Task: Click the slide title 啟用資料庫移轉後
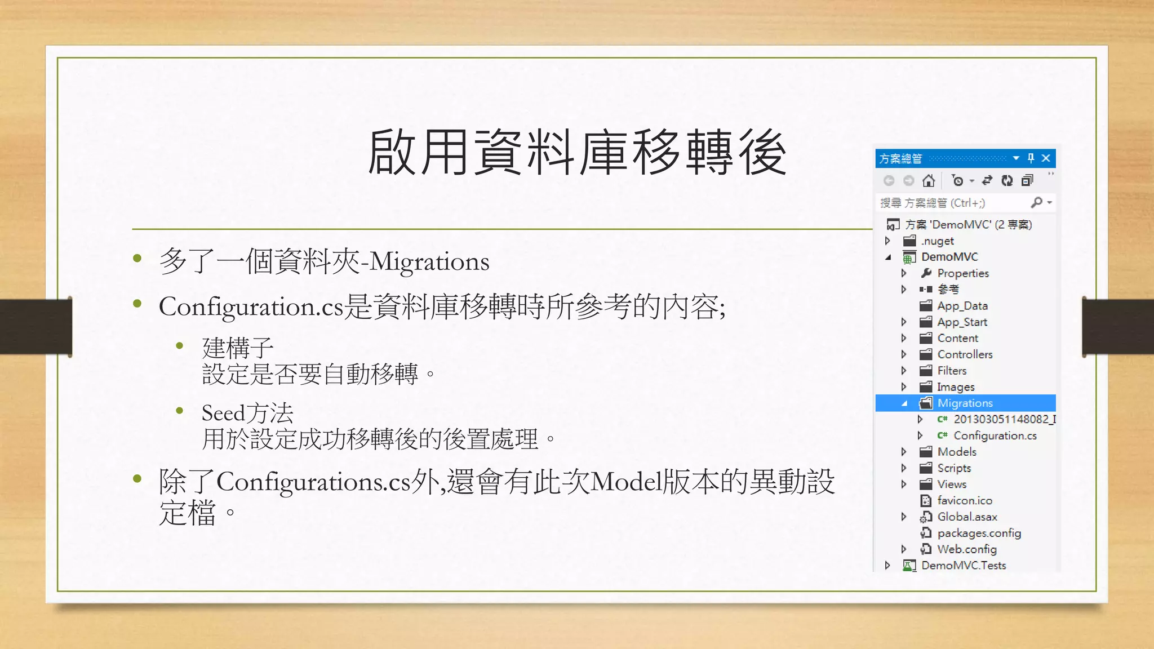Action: [x=577, y=152]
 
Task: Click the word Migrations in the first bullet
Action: [x=429, y=262]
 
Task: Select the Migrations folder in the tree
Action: [x=965, y=403]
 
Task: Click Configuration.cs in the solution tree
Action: [x=995, y=435]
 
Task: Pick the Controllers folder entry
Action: [x=965, y=354]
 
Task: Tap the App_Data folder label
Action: [x=962, y=306]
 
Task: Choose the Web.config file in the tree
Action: [x=966, y=549]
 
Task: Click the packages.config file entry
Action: [x=979, y=533]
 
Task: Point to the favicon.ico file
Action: [x=964, y=500]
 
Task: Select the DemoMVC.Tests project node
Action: [x=964, y=565]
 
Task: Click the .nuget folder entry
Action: [x=938, y=241]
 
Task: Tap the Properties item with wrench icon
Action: [x=962, y=273]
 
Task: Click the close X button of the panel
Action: [x=1046, y=158]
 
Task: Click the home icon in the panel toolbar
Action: [x=929, y=181]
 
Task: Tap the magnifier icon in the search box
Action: [x=1036, y=202]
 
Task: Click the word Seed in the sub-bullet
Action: [x=223, y=413]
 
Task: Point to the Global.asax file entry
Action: [x=967, y=517]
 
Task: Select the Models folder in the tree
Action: [x=957, y=452]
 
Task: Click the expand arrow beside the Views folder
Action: [x=904, y=484]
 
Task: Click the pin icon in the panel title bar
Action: [x=1031, y=158]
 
